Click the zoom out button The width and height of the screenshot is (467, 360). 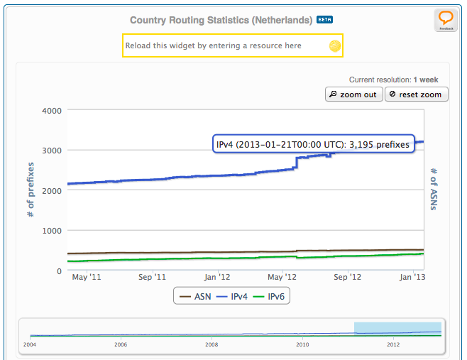[354, 94]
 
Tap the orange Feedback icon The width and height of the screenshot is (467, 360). [446, 21]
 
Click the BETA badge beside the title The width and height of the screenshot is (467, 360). [325, 20]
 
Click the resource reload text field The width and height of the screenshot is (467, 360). [224, 46]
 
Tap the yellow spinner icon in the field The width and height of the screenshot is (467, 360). [335, 46]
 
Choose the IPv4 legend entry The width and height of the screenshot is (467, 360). [232, 296]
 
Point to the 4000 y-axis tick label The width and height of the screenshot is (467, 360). [52, 111]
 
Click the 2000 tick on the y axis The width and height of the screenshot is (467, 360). [52, 190]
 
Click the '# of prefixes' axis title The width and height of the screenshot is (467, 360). [31, 189]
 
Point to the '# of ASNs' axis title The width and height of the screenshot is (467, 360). [434, 189]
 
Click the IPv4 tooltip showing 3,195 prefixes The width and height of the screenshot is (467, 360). [313, 145]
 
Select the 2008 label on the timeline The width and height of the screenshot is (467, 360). [211, 344]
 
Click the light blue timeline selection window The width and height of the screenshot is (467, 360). [397, 329]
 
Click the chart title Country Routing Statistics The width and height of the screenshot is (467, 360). [221, 20]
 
